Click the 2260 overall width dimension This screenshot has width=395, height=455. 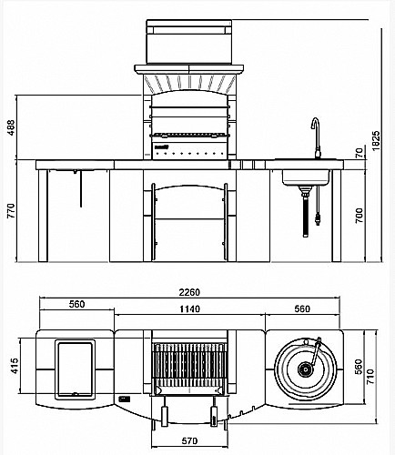click(x=189, y=292)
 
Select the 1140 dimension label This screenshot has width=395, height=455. click(x=189, y=308)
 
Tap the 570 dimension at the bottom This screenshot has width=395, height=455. click(x=189, y=440)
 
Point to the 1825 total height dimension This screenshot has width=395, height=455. click(x=376, y=140)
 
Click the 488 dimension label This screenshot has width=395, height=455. click(x=11, y=127)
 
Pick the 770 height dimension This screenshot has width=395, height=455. click(x=11, y=211)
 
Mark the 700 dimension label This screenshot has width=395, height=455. click(x=360, y=216)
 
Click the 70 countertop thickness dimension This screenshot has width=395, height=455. click(x=360, y=153)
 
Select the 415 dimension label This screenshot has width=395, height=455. click(x=14, y=366)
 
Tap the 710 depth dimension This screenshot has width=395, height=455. click(x=370, y=377)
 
